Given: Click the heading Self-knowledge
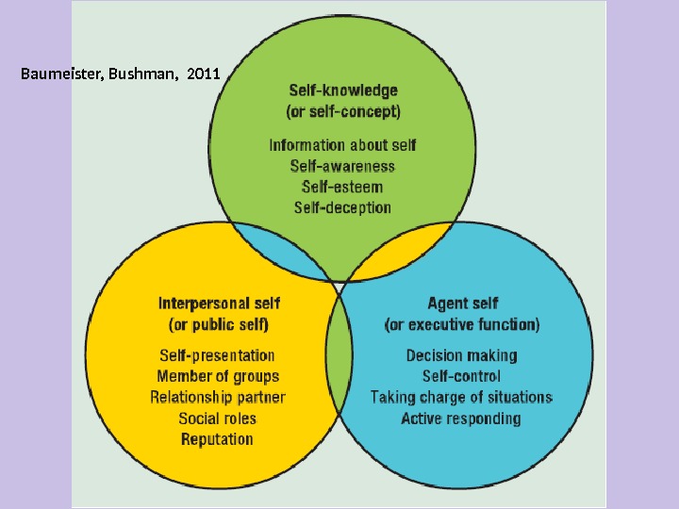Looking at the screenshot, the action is click(342, 91).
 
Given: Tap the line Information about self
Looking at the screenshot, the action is click(342, 145).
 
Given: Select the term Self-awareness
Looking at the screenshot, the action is click(342, 166).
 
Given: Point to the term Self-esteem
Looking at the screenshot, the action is click(342, 187).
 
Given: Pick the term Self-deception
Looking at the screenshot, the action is click(342, 207).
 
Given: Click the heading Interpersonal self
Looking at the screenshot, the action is click(218, 304).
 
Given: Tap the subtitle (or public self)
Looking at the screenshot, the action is click(218, 325).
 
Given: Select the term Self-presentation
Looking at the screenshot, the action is click(218, 355).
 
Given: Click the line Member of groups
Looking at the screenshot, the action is click(218, 376).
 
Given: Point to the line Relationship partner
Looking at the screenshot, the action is click(218, 397).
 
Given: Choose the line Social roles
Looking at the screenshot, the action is click(218, 418).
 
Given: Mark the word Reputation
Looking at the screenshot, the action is click(218, 439).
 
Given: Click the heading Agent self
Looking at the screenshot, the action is click(462, 304).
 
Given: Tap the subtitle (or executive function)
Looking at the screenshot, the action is click(462, 325).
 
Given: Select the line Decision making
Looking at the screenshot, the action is click(462, 355).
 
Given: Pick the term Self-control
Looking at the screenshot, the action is click(462, 376).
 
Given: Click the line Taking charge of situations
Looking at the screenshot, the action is click(462, 397).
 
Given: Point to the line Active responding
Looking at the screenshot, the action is click(462, 418).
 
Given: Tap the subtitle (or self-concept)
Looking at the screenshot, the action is click(342, 112).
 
